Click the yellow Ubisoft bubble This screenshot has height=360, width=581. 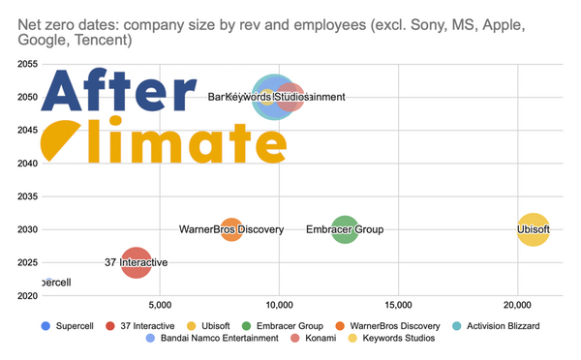click(x=533, y=229)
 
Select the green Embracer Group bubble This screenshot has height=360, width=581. click(x=345, y=229)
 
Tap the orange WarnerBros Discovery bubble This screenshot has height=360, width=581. click(x=231, y=229)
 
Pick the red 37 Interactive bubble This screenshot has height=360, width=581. click(x=137, y=261)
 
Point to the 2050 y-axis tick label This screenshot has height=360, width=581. click(x=26, y=97)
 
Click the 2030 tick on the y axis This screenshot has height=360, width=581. click(x=26, y=229)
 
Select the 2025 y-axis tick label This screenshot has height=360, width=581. click(x=26, y=262)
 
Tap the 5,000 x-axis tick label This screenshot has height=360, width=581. click(x=160, y=305)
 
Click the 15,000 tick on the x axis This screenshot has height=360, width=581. click(x=398, y=305)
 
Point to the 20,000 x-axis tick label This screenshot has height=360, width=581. click(x=517, y=305)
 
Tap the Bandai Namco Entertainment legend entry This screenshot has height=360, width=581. click(x=218, y=339)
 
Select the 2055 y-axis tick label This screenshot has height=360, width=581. click(x=26, y=64)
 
